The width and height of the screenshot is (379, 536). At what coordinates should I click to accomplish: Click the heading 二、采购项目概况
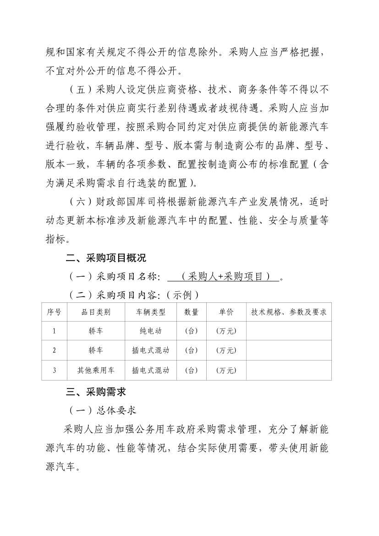pos(105,257)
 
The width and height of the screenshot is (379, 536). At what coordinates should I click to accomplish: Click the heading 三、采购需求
pos(95,392)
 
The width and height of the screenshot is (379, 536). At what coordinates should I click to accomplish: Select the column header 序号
pos(54,312)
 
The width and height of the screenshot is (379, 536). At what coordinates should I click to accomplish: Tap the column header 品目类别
pos(96,312)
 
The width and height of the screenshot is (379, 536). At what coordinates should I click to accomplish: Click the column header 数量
pos(191,312)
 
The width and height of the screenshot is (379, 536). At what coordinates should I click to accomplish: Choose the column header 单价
pos(226,312)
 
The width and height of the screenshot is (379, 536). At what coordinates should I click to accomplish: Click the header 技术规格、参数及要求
pos(289,312)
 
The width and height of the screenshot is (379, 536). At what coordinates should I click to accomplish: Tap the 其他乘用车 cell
pos(96,370)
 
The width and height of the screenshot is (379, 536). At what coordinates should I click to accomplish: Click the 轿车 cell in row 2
pos(96,350)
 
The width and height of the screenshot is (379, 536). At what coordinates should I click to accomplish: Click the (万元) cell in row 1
pos(226,331)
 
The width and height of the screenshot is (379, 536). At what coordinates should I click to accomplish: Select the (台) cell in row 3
pos(191,370)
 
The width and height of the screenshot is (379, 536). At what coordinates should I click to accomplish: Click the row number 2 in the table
pos(54,350)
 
